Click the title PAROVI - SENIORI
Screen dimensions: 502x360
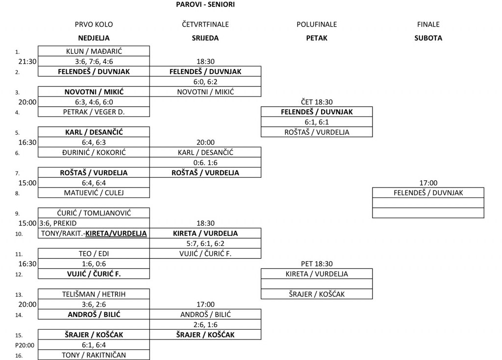coord(205,4)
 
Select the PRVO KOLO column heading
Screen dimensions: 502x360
coord(94,24)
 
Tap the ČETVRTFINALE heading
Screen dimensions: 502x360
coord(205,24)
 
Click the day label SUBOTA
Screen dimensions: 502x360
coord(428,38)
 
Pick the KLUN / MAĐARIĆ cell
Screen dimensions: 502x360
coord(94,51)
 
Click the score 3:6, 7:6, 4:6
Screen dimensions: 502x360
coord(94,61)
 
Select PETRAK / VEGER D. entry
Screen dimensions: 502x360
coord(94,112)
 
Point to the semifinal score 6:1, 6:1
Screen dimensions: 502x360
coord(317,122)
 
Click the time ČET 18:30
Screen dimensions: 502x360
coord(317,102)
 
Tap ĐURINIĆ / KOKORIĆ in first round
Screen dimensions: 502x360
coord(94,152)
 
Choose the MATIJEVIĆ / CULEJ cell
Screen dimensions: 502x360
coord(94,193)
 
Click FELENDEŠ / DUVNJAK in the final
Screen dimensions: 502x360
coord(428,193)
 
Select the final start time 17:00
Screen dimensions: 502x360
coord(428,183)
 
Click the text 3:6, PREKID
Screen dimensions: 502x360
coord(58,223)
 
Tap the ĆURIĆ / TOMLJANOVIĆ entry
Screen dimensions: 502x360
coord(94,213)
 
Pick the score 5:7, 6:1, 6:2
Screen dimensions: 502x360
coord(205,243)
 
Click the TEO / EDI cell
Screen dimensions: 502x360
coord(94,254)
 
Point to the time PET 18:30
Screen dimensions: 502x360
coord(317,264)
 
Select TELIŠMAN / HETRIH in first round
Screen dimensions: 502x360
coord(94,294)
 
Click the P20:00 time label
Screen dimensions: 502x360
coord(25,345)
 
